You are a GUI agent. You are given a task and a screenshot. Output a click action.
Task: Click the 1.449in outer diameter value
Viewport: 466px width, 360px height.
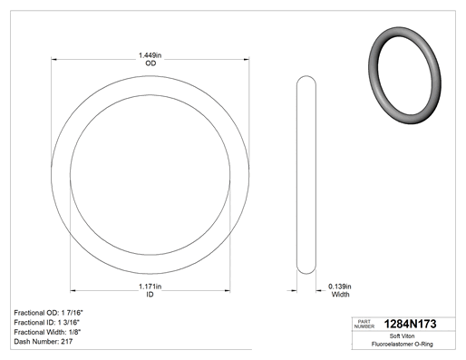(150, 55)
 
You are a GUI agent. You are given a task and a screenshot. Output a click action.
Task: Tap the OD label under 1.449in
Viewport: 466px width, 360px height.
(150, 63)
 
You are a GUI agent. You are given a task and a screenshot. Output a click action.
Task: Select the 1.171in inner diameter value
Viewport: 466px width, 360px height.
(150, 286)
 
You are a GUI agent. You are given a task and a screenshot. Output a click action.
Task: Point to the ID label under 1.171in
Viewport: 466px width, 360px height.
(150, 294)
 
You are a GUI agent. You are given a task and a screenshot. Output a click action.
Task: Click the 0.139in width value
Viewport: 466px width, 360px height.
(340, 286)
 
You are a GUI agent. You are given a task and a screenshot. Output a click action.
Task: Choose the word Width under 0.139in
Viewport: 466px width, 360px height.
(340, 294)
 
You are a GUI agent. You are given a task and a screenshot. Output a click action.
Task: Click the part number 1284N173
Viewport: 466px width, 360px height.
(410, 324)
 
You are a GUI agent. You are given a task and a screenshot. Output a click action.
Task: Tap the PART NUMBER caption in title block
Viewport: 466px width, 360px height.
(364, 324)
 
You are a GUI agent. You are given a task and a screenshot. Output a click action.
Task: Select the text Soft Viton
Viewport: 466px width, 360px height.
(402, 336)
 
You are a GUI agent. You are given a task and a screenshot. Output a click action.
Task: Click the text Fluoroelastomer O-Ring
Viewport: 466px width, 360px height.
(402, 344)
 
